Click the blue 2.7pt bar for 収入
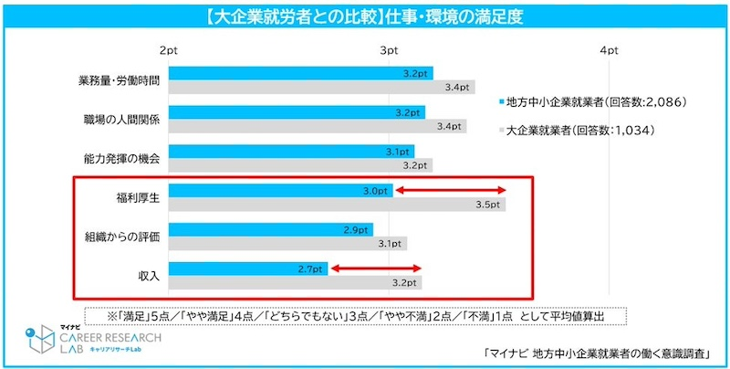[x=248, y=269]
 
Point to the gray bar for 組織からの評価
[x=287, y=244]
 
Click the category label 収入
[x=147, y=275]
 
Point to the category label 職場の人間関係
[x=120, y=119]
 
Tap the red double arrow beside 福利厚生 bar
[x=450, y=190]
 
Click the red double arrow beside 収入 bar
[x=376, y=269]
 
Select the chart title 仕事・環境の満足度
[x=365, y=15]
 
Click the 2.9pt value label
[x=357, y=229]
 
